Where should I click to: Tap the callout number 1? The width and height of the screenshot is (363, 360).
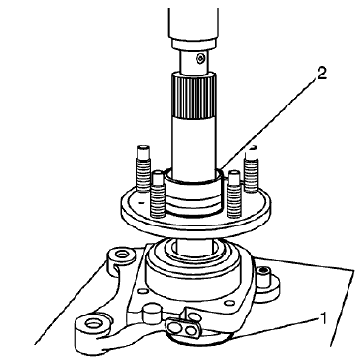(x=320, y=316)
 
